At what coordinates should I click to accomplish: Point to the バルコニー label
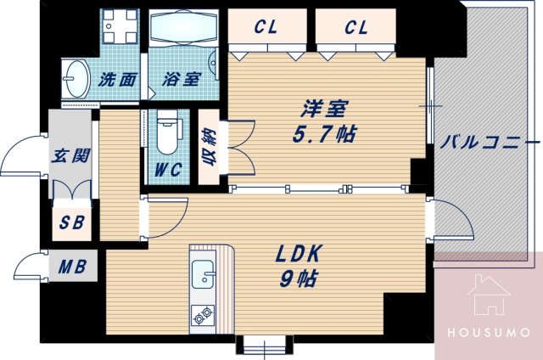pyautogui.click(x=490, y=141)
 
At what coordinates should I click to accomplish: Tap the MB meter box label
pyautogui.click(x=70, y=267)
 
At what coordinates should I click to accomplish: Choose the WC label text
pyautogui.click(x=168, y=170)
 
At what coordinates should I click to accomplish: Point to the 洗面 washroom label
pyautogui.click(x=118, y=80)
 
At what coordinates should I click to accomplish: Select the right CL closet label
pyautogui.click(x=356, y=28)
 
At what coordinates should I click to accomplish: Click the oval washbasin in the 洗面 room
pyautogui.click(x=76, y=80)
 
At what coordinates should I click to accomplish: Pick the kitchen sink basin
pyautogui.click(x=204, y=275)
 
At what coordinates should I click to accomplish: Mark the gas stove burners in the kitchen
pyautogui.click(x=204, y=317)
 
